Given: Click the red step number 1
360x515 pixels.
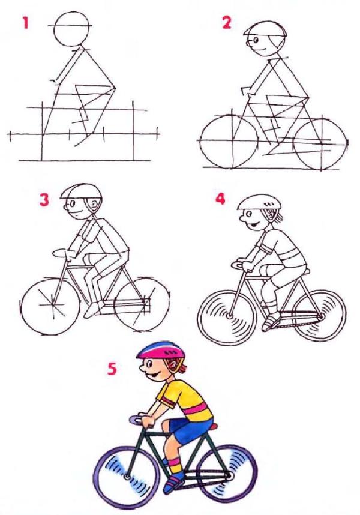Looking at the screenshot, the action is pyautogui.click(x=26, y=23).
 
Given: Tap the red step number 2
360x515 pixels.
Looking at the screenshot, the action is pyautogui.click(x=227, y=23).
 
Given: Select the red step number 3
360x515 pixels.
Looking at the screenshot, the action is pyautogui.click(x=44, y=200).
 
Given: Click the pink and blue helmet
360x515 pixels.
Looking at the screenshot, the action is pyautogui.click(x=161, y=351).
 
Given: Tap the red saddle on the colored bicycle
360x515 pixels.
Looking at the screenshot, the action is pyautogui.click(x=214, y=426).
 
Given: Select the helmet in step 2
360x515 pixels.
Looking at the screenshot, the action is pyautogui.click(x=265, y=29).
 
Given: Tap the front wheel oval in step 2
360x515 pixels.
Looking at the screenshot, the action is pyautogui.click(x=201, y=141).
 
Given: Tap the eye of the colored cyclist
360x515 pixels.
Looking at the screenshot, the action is pyautogui.click(x=149, y=364).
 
